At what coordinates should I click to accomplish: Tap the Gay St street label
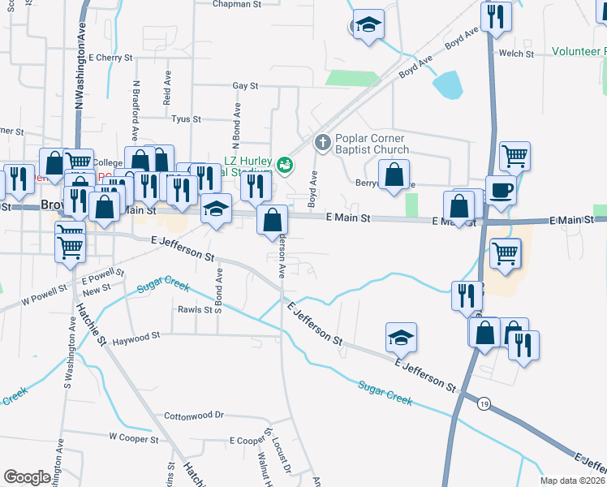coord(244,85)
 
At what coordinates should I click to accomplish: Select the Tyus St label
coord(186,119)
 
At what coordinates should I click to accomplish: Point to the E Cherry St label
coord(111,58)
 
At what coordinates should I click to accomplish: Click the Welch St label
coord(517,54)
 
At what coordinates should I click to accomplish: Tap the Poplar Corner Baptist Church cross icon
coord(322,144)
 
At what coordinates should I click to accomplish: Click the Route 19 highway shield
coord(484,403)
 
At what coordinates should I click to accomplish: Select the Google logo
coord(27,477)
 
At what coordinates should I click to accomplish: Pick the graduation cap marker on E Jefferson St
coord(401,338)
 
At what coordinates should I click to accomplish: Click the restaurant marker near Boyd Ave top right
coord(494,17)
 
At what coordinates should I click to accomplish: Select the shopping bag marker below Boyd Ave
coord(273,219)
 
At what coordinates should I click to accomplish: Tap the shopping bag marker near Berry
coord(394,175)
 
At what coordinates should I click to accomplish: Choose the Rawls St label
coord(196,309)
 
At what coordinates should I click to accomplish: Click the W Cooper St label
coord(133,437)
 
